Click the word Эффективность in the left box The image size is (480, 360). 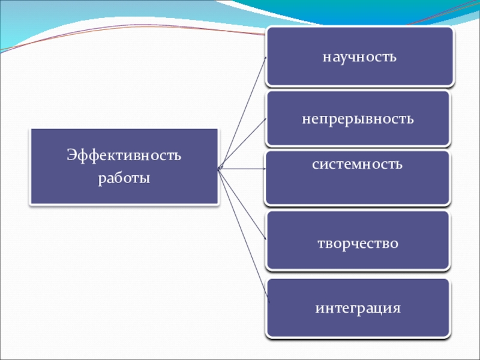(x=124, y=157)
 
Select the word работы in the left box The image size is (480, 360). (x=124, y=178)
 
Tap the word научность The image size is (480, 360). (x=359, y=57)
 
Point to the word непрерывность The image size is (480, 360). (x=358, y=118)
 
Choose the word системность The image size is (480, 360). (x=357, y=164)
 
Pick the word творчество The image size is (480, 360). (x=358, y=244)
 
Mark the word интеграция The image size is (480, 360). (x=358, y=309)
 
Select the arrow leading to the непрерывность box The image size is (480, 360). (x=243, y=144)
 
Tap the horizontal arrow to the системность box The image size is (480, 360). (x=243, y=169)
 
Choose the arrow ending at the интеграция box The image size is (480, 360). (x=243, y=228)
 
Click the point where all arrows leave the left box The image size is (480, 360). (x=219, y=168)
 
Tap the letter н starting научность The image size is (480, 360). (x=326, y=58)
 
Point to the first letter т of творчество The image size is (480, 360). (x=320, y=244)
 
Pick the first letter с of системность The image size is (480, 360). (x=315, y=164)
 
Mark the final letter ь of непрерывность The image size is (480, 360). (x=410, y=118)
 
